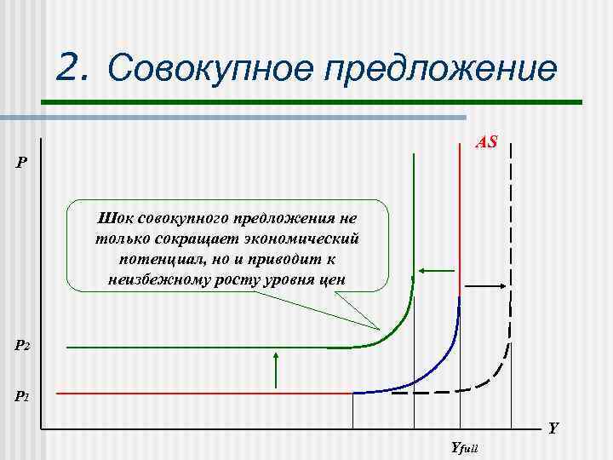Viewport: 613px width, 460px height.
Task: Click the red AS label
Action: (x=486, y=141)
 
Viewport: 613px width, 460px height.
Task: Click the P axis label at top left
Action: (x=21, y=162)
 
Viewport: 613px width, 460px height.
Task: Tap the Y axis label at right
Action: (x=553, y=428)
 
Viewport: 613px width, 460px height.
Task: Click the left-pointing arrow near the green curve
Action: (x=436, y=272)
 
